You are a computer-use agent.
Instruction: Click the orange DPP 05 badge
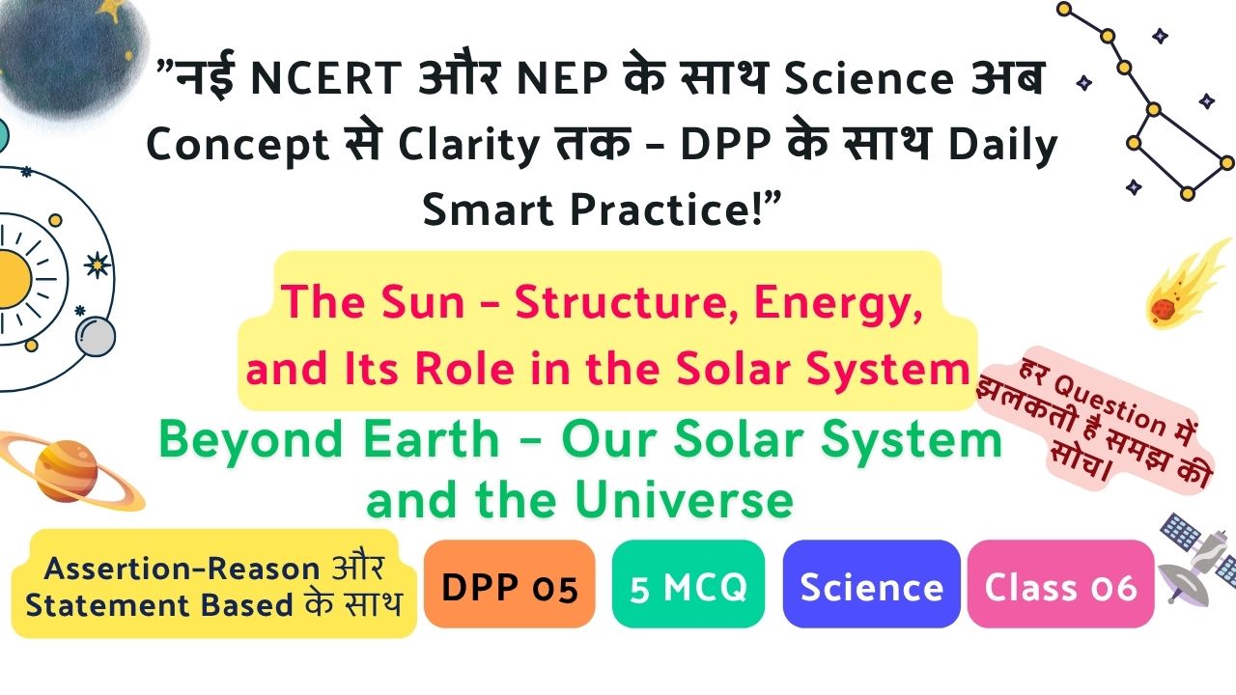[x=509, y=584]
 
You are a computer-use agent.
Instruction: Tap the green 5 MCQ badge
[x=688, y=584]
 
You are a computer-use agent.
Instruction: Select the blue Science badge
[x=871, y=584]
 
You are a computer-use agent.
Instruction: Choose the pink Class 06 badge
[x=1060, y=584]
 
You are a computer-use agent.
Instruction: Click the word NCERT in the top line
[x=326, y=78]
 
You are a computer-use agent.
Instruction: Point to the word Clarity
[x=468, y=146]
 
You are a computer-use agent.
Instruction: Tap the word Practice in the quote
[x=666, y=210]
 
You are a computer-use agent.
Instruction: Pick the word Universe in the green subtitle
[x=684, y=500]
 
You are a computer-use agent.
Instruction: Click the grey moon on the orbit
[x=96, y=337]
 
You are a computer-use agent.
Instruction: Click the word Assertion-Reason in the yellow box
[x=183, y=569]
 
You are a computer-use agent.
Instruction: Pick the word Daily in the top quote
[x=1002, y=146]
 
